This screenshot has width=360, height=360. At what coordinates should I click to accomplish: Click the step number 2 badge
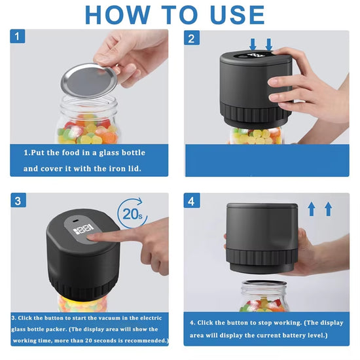pyautogui.click(x=192, y=38)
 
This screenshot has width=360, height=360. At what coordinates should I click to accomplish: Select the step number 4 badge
pyautogui.click(x=192, y=201)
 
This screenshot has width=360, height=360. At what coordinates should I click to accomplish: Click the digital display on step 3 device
pyautogui.click(x=83, y=230)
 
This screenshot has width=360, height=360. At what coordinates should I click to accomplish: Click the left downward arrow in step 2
pyautogui.click(x=253, y=44)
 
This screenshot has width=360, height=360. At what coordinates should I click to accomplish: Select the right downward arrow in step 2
pyautogui.click(x=269, y=44)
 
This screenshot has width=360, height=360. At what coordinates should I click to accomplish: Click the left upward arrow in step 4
pyautogui.click(x=312, y=209)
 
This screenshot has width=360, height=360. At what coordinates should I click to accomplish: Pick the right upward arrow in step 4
pyautogui.click(x=328, y=209)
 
